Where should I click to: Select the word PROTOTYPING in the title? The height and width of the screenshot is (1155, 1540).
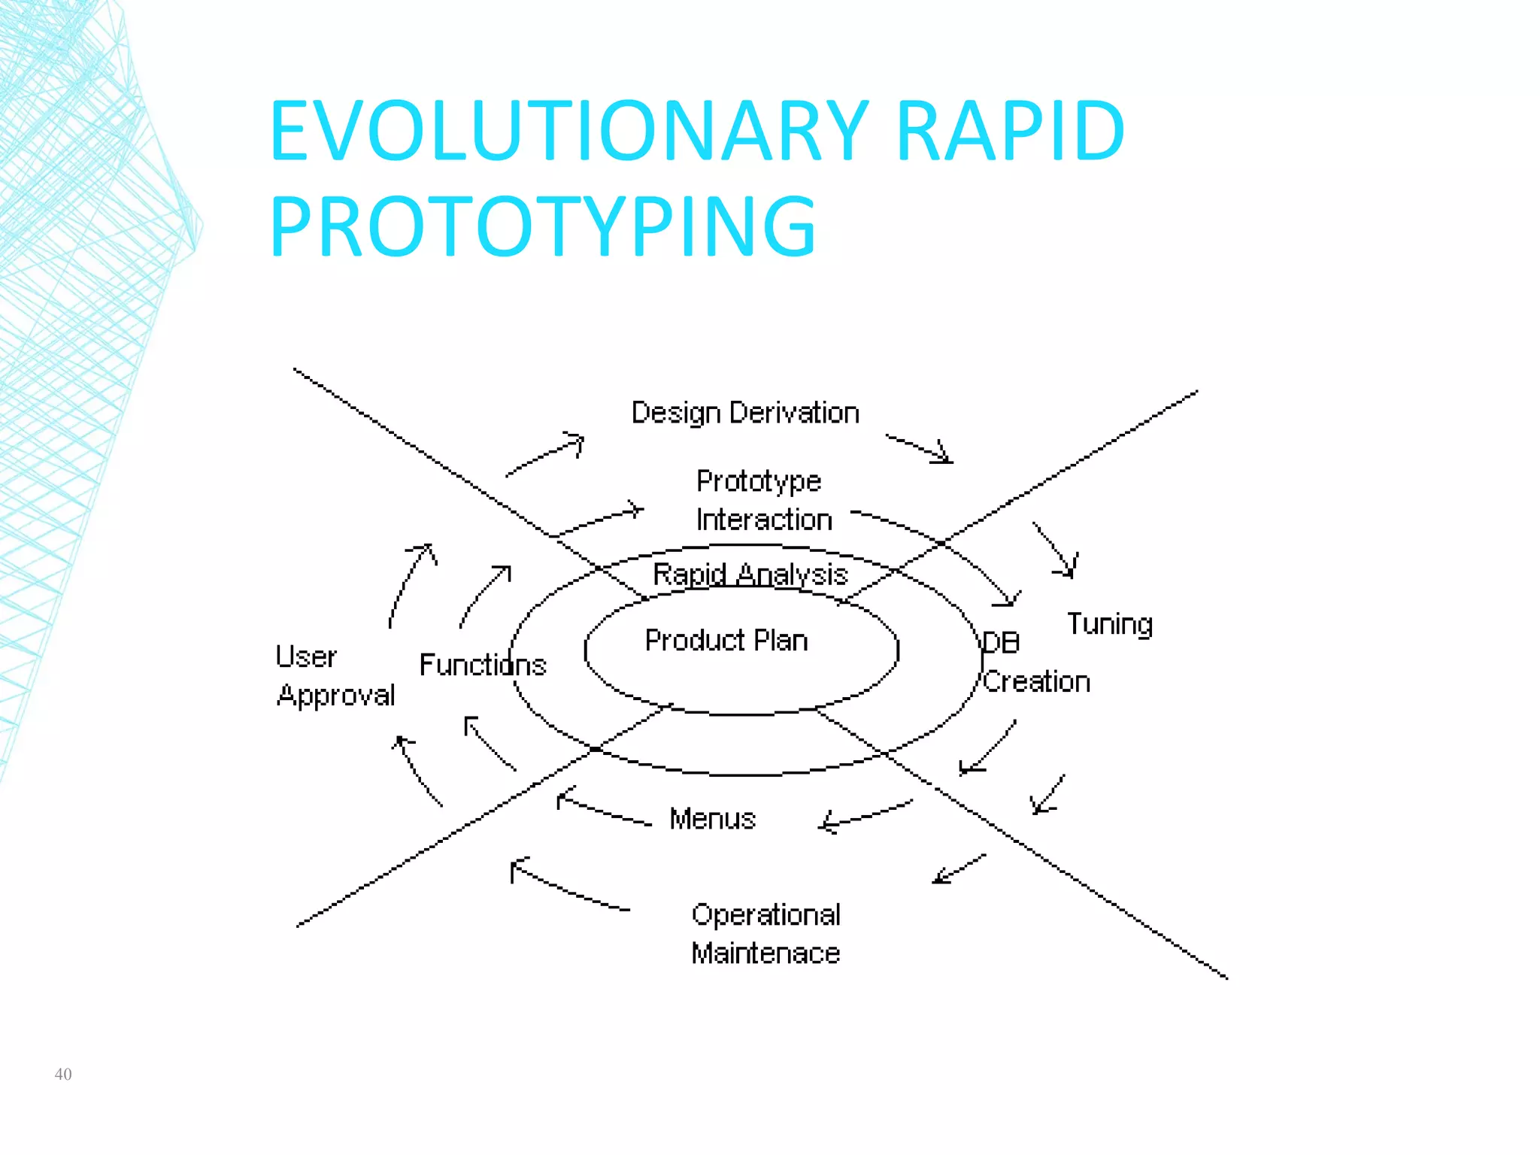(542, 226)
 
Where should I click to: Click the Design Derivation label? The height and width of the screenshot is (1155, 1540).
(744, 413)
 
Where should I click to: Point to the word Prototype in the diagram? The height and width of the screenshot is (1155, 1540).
(758, 481)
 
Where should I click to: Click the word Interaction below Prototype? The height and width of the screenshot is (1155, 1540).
(763, 520)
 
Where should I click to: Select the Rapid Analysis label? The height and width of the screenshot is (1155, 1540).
(750, 574)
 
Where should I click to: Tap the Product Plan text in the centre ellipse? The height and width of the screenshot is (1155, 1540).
(726, 641)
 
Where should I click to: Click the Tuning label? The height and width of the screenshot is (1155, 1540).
(1109, 624)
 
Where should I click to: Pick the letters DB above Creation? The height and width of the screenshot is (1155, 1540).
(1001, 643)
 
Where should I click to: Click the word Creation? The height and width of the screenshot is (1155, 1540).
(1036, 681)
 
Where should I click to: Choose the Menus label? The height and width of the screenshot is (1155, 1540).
(712, 818)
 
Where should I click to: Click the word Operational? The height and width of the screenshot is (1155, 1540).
(765, 914)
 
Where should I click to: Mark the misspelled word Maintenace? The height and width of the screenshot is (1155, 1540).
(765, 953)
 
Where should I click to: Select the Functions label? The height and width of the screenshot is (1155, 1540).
(482, 665)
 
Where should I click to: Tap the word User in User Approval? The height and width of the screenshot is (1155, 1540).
(305, 656)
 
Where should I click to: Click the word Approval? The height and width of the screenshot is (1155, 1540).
(335, 696)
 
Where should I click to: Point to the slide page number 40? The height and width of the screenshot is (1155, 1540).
(63, 1074)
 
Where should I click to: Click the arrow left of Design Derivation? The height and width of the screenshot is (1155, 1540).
(545, 454)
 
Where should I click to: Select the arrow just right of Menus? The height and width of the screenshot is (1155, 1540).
(865, 815)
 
